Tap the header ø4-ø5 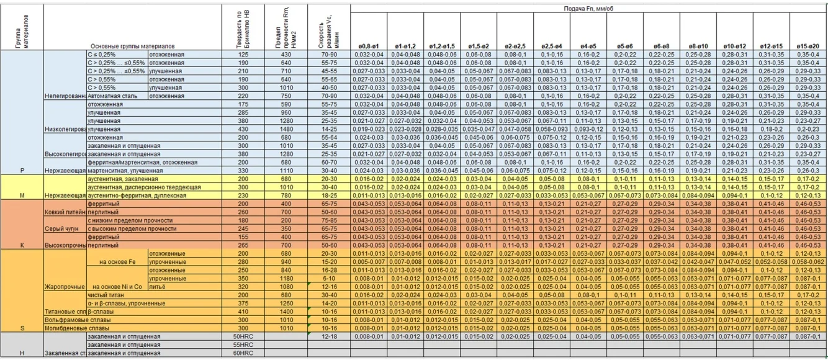coord(588,47)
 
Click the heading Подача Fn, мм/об coord(588,9)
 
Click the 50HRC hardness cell coord(243,336)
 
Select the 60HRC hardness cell coord(243,353)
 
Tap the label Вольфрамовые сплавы coord(77,320)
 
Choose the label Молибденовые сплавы coord(77,328)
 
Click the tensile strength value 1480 coord(286,129)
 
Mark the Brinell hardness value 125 coord(243,55)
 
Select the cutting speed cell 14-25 coord(329,129)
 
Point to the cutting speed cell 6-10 coord(329,279)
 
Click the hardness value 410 coord(243,312)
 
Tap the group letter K coord(22,245)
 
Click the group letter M coord(22,196)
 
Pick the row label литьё coord(158,287)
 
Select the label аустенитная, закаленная coord(118,179)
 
